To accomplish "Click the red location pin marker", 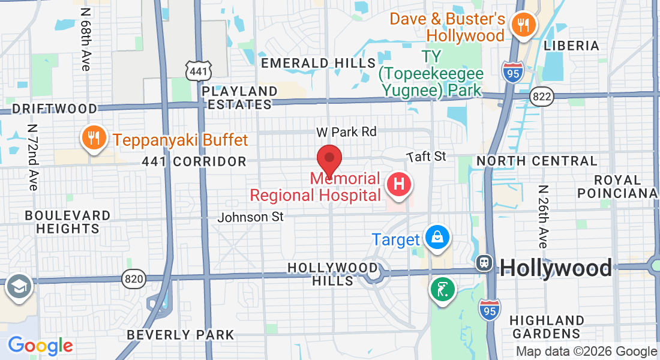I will click(x=329, y=159).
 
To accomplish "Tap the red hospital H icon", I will click(x=400, y=184).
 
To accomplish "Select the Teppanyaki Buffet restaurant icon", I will click(x=92, y=139).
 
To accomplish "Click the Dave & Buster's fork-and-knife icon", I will click(x=523, y=25).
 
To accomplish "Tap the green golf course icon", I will click(x=443, y=290).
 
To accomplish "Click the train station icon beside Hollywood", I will click(x=484, y=263).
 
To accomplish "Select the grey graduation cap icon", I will click(x=19, y=286).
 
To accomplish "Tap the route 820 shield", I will click(x=133, y=278).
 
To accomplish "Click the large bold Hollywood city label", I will click(x=556, y=268).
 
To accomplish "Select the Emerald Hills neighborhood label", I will click(x=319, y=63).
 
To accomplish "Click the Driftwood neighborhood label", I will click(x=55, y=109).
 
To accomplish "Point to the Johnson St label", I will click(x=250, y=217).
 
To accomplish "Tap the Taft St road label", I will click(x=426, y=157).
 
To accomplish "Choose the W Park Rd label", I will click(x=346, y=131).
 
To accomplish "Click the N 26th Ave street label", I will click(x=542, y=217).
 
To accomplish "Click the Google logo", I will click(x=40, y=346).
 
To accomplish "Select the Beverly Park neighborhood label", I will click(x=181, y=334).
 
